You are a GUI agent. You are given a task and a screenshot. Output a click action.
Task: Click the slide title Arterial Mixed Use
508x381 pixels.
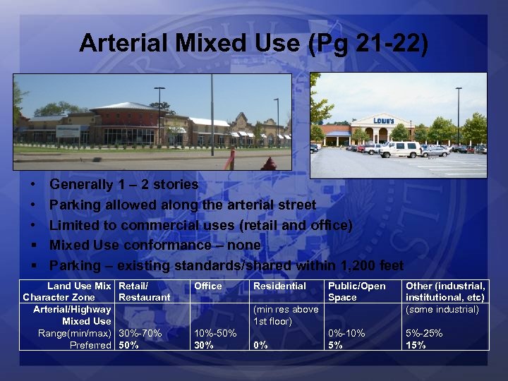(253, 43)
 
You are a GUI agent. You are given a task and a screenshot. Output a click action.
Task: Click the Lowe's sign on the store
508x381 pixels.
(384, 121)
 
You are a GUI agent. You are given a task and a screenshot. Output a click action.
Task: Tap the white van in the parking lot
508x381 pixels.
(399, 149)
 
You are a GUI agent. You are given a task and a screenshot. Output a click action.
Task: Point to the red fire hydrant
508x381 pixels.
(268, 164)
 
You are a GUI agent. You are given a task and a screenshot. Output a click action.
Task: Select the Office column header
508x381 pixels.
(208, 286)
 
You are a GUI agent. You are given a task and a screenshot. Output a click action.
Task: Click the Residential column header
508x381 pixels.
(279, 286)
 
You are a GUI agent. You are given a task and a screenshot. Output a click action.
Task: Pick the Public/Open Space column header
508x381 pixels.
(356, 291)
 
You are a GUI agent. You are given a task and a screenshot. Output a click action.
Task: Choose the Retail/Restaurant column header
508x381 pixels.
(145, 291)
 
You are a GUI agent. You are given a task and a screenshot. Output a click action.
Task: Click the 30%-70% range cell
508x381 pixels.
(140, 333)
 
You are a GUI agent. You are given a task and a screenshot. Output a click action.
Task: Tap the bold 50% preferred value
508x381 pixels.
(129, 345)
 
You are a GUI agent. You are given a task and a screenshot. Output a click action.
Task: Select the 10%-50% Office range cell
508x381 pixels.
(216, 333)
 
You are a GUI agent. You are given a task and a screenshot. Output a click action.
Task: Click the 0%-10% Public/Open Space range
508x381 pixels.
(346, 333)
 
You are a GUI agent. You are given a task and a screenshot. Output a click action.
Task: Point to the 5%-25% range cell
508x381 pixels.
(424, 333)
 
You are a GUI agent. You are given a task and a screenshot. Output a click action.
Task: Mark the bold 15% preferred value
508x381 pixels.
(416, 345)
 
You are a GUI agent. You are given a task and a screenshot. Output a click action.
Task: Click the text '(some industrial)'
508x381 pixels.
(442, 309)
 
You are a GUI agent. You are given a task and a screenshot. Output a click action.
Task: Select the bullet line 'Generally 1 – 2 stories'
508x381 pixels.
(124, 184)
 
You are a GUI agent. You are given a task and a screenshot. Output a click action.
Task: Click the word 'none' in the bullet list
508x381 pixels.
(243, 245)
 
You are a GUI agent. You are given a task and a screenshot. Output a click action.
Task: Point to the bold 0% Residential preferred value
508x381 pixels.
(260, 345)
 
